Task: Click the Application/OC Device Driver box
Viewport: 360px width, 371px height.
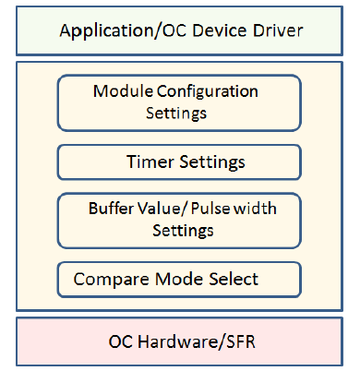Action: tap(180, 30)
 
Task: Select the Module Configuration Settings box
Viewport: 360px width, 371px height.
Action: tap(179, 102)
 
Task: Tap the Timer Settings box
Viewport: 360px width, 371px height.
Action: tap(179, 162)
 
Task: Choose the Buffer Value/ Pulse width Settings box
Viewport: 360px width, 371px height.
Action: tap(179, 219)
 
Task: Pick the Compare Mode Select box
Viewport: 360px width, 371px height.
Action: tap(179, 278)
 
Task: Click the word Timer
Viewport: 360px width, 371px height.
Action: tap(148, 162)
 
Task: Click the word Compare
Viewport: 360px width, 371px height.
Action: tap(109, 279)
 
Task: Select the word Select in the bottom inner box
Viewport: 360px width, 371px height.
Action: tap(230, 278)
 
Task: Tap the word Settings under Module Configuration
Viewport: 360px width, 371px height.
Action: tap(175, 114)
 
